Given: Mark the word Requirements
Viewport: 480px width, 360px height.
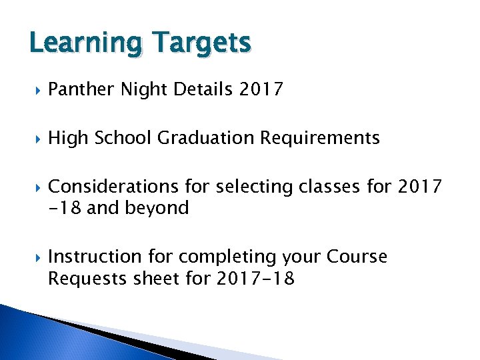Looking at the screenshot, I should pyautogui.click(x=320, y=138).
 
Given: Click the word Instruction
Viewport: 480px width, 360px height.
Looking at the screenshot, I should pyautogui.click(x=95, y=257).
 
